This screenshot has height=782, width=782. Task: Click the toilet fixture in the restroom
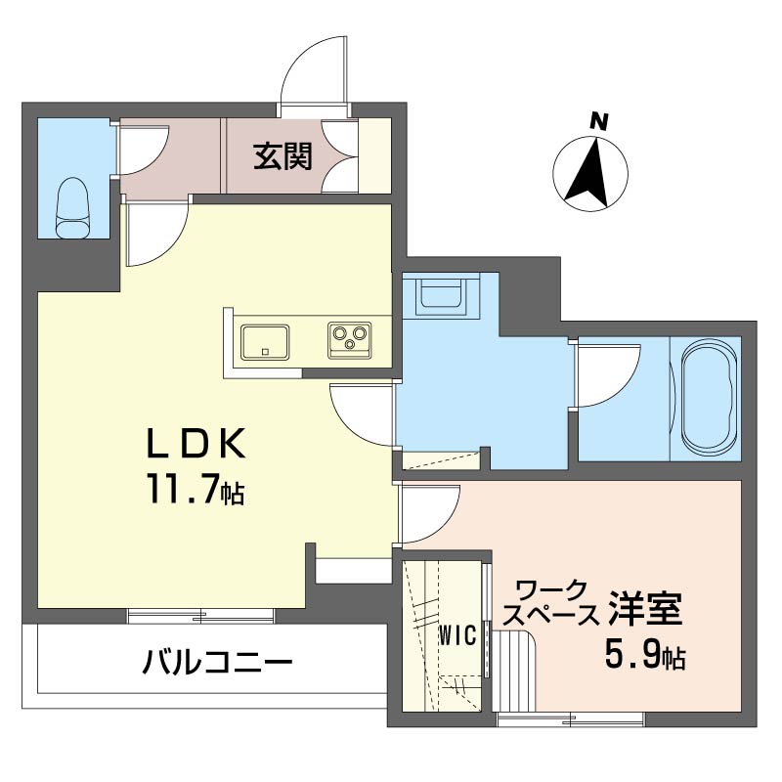coord(73,207)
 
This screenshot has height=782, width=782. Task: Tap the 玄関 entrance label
coord(283,156)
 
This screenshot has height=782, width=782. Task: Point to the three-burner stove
coord(349,338)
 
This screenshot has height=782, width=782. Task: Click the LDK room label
coord(195,445)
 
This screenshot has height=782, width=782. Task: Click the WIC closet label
coord(456,635)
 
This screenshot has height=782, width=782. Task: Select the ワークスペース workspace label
coord(554,602)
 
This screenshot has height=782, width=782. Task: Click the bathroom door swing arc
coord(606,373)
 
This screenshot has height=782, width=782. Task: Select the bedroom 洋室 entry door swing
coord(427,514)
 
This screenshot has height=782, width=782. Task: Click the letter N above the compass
coord(598,122)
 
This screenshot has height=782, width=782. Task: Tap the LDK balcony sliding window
coord(200,616)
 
